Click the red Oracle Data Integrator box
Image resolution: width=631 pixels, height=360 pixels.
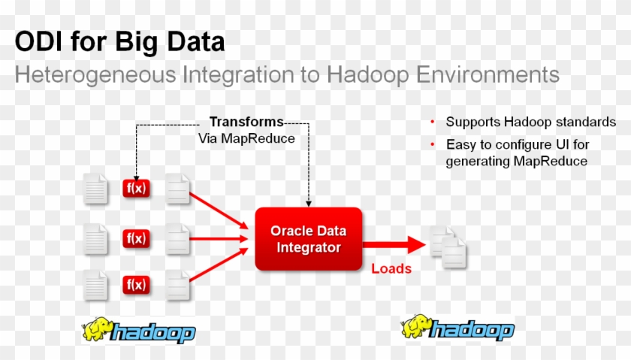309,238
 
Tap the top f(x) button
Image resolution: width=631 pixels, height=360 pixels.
136,189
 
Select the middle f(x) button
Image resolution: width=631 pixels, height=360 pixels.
136,239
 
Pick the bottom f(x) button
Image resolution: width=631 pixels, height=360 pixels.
136,285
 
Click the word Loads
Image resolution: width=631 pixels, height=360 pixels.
391,268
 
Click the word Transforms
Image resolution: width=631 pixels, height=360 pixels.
246,122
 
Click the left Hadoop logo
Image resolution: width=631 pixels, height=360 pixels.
140,331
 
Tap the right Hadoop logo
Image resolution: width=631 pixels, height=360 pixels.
457,329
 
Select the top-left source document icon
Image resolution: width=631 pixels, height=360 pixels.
95,189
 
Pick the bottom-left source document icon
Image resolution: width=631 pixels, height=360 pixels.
95,286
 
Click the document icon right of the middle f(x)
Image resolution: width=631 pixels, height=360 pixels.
178,239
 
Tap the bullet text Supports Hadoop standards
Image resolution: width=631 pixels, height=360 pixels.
530,122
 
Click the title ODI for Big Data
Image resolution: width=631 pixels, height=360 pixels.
119,41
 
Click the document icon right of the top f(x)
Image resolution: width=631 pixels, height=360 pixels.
178,189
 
